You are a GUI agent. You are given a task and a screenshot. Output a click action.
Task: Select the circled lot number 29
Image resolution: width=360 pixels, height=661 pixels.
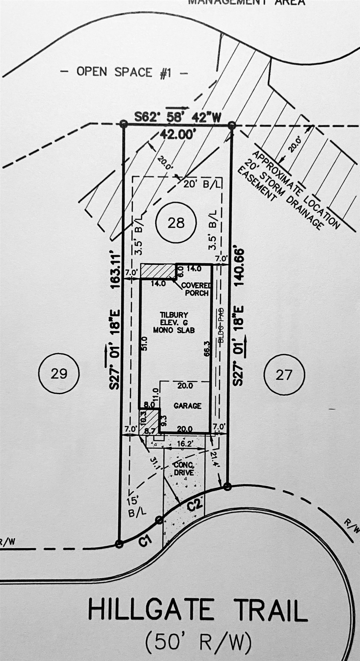[59, 374]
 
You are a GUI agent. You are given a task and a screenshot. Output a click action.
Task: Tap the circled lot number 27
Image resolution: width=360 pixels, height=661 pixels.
[284, 374]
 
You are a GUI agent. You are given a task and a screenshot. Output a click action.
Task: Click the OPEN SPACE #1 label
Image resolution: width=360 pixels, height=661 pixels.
[124, 72]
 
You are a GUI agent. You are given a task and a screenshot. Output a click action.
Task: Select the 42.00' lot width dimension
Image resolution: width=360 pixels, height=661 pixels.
[177, 134]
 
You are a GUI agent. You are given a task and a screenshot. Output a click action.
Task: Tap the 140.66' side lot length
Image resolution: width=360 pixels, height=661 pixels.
[239, 267]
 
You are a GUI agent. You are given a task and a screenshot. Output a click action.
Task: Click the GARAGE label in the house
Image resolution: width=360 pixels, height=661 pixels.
[187, 406]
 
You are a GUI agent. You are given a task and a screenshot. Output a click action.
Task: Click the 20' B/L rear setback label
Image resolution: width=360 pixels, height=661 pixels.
[203, 184]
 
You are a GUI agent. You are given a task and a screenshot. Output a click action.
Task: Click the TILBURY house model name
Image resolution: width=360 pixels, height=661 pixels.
[170, 315]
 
